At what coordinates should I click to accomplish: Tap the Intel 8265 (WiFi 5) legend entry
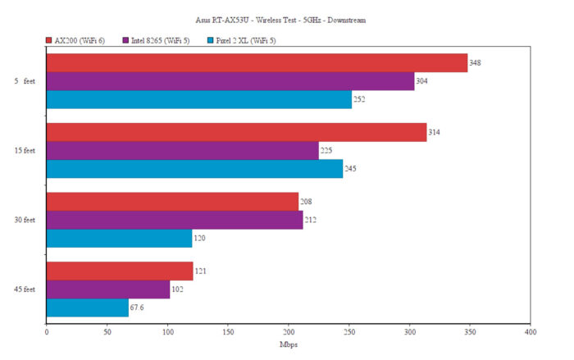[x=157, y=39]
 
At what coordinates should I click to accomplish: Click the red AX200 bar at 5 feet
[x=257, y=63]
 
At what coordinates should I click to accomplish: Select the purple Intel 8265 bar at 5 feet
[x=230, y=82]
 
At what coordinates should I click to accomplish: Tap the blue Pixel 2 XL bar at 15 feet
[x=194, y=169]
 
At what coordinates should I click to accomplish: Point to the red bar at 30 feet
[x=172, y=202]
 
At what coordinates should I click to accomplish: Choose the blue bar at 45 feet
[x=87, y=308]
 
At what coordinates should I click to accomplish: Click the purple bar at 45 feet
[x=107, y=289]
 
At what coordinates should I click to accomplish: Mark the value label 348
[x=475, y=63]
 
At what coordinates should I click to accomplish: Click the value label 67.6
[x=138, y=308]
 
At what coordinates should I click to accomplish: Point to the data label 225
[x=326, y=151]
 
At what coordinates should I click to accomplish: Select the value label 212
[x=310, y=220]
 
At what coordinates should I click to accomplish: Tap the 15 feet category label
[x=24, y=151]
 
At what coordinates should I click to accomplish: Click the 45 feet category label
[x=24, y=289]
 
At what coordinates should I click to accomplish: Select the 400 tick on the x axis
[x=530, y=332]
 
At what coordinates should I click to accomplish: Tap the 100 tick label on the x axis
[x=167, y=332]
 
